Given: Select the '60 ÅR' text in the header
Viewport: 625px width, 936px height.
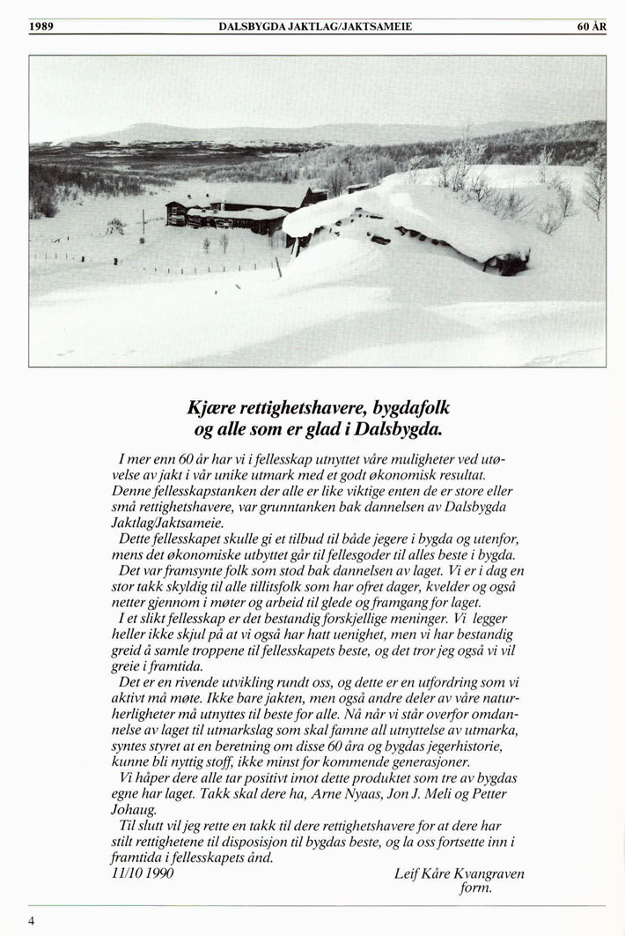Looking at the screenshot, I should click(x=592, y=27).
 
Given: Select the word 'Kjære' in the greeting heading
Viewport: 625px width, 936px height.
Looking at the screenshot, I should click(x=214, y=410).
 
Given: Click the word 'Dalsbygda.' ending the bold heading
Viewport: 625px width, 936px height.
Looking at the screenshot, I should click(x=393, y=431).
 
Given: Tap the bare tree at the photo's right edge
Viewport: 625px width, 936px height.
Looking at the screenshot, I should click(x=596, y=185).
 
